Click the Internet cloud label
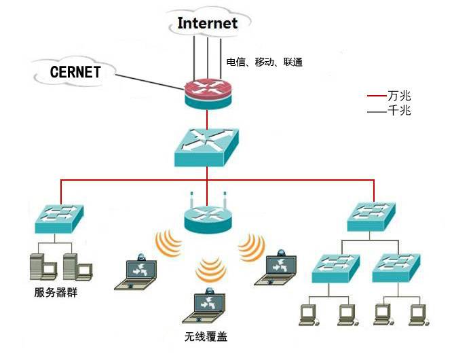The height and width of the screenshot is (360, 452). click(x=208, y=23)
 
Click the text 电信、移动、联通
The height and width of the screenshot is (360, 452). click(x=264, y=62)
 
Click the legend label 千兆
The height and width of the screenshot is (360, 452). click(x=399, y=110)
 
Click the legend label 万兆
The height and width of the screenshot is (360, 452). click(x=399, y=96)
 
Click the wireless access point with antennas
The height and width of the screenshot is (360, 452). click(x=208, y=216)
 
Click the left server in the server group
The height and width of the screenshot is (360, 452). click(x=41, y=266)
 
